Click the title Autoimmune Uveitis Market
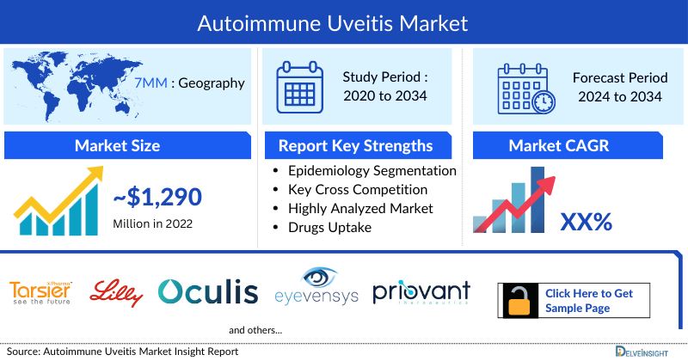344,21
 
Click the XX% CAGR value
587,223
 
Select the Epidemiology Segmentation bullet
372,170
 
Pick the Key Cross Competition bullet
358,189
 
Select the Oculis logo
208,292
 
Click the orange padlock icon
519,301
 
